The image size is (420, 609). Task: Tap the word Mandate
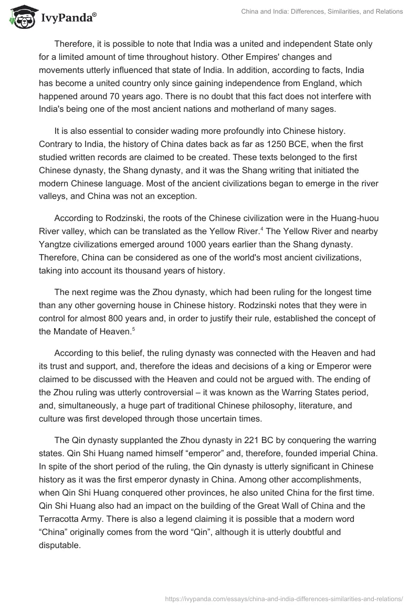[72, 332]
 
